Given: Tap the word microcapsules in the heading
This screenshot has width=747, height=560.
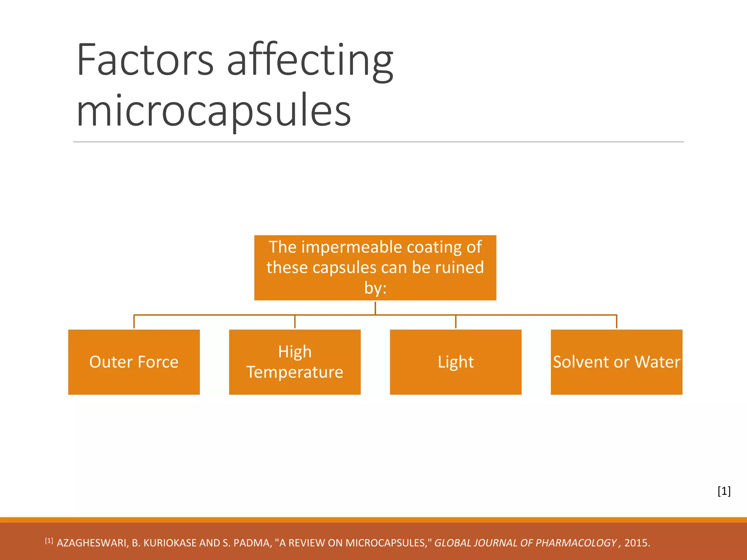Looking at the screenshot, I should click(x=214, y=109).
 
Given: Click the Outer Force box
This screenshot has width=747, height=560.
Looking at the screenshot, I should click(x=134, y=362).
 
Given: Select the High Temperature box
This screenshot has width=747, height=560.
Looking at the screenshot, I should click(x=295, y=362).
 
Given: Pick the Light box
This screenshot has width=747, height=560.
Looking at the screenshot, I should click(x=456, y=362).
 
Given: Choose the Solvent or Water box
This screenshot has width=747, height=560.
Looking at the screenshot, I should click(x=616, y=362).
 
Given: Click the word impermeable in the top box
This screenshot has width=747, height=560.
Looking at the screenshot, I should click(x=352, y=247).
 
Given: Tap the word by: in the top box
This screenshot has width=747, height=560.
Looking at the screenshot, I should click(x=375, y=288).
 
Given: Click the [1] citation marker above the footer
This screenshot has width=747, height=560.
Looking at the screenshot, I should click(x=724, y=491).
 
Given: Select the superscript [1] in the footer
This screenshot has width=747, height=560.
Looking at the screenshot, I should click(x=49, y=540).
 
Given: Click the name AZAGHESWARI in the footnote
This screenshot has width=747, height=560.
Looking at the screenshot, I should click(x=92, y=543).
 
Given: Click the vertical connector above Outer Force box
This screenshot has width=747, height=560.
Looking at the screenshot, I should click(x=134, y=322).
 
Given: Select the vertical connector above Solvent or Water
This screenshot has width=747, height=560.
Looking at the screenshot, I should click(x=616, y=322).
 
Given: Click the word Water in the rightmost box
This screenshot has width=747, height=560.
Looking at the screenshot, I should click(x=657, y=362).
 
